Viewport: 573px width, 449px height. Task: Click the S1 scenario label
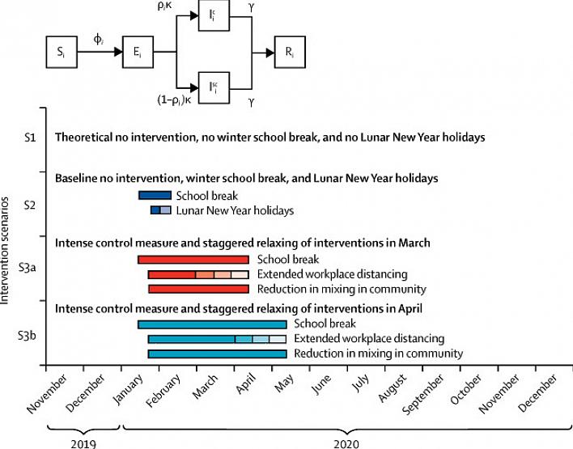[x=28, y=138]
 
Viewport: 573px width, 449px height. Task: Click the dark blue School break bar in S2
[x=155, y=195]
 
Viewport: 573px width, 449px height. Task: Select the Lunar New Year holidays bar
[x=160, y=210]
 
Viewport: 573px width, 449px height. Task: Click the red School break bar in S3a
[x=193, y=260]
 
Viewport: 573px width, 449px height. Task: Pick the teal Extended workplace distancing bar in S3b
[x=217, y=339]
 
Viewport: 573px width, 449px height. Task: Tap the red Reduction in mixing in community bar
[x=198, y=289]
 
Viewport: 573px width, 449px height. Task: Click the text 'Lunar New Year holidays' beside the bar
[x=235, y=210]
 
